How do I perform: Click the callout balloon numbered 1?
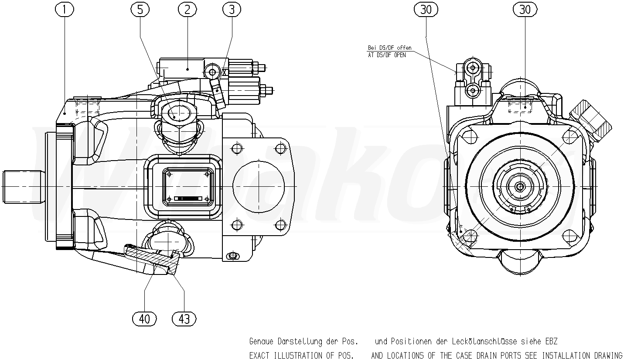tap(65, 10)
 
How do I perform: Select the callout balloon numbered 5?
tap(140, 10)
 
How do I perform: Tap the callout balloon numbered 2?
tap(187, 10)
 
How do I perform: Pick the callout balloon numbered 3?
tap(232, 10)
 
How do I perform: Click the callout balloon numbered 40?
tap(144, 319)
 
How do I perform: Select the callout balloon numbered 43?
tap(184, 319)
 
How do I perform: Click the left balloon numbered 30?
tap(426, 10)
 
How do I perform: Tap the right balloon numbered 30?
tap(525, 10)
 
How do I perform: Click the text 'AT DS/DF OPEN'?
tap(387, 55)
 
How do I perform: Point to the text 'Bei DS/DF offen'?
tap(389, 48)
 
